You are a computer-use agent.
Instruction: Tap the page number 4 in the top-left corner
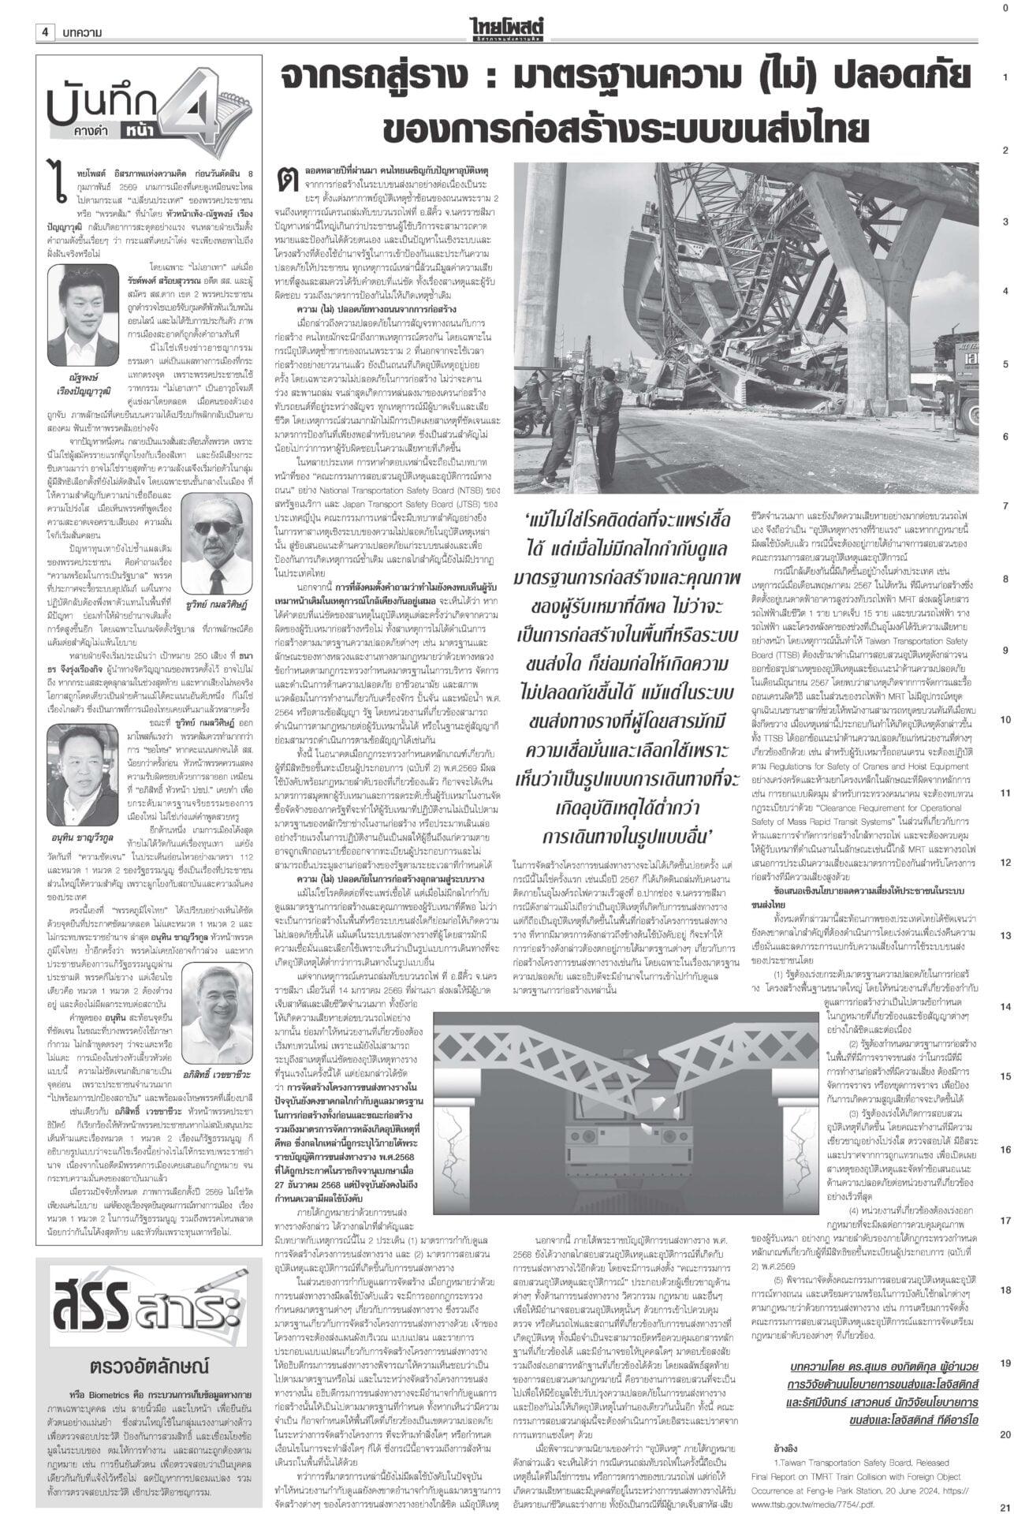tap(45, 11)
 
